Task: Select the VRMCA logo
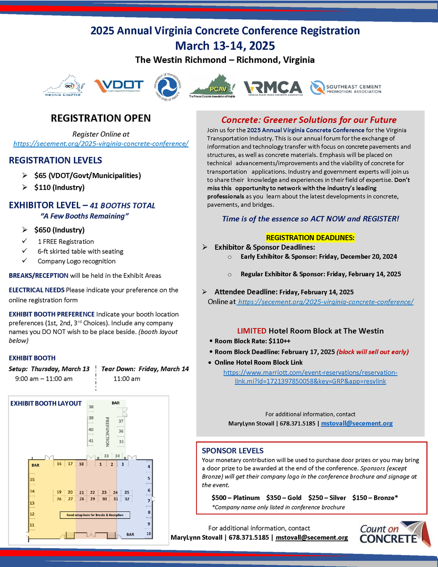pos(273,88)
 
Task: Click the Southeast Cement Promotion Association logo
pos(346,88)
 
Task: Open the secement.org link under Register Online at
pos(101,144)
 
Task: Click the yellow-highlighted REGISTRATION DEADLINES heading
pos(310,237)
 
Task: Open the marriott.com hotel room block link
pos(310,377)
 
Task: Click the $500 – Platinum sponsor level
pos(236,498)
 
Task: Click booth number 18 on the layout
pos(81,464)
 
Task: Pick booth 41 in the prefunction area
pos(91,440)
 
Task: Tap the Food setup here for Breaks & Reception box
pos(94,515)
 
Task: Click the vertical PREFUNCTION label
pos(107,431)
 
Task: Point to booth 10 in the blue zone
pos(148,534)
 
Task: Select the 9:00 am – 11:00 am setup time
pos(44,378)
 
